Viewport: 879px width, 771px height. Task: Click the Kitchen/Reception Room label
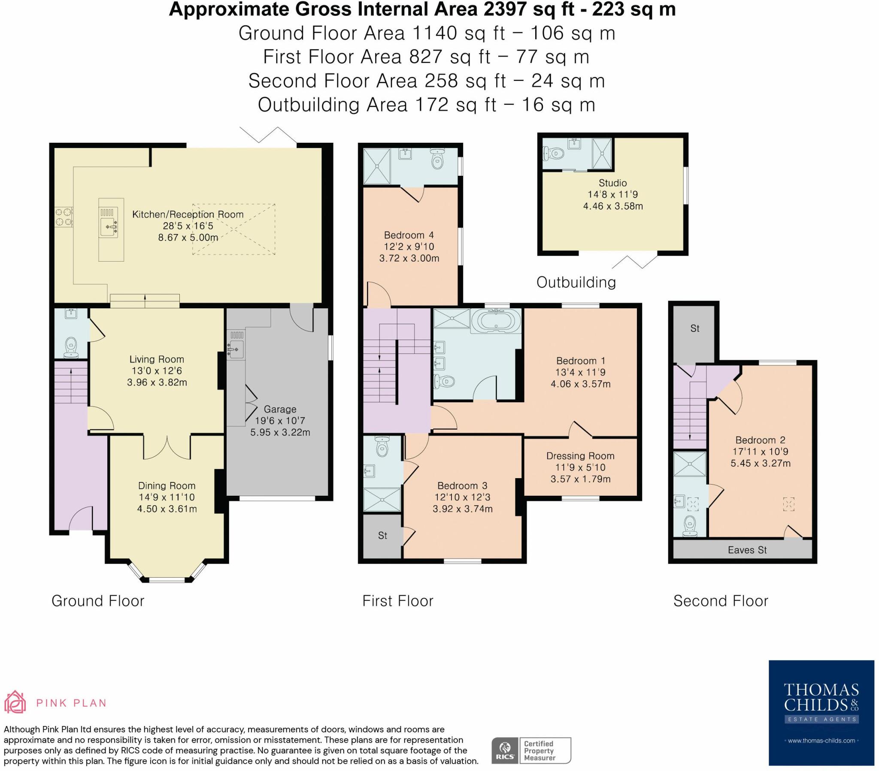pyautogui.click(x=188, y=214)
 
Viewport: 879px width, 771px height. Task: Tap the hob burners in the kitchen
pyautogui.click(x=63, y=217)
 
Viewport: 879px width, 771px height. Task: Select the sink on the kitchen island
pyautogui.click(x=108, y=227)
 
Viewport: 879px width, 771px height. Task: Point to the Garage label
pyautogui.click(x=280, y=409)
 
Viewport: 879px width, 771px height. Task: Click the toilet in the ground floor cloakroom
pyautogui.click(x=71, y=347)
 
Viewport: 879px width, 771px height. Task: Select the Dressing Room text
pyautogui.click(x=580, y=455)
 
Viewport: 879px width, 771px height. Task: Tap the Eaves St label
pyautogui.click(x=747, y=550)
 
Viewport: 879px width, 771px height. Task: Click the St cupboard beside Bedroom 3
pyautogui.click(x=382, y=536)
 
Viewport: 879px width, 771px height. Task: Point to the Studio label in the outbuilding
pyautogui.click(x=612, y=183)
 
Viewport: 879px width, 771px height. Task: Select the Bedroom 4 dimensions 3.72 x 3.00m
pyautogui.click(x=409, y=258)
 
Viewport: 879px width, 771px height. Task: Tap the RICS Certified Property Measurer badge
pyautogui.click(x=531, y=750)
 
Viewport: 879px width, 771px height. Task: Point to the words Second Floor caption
pyautogui.click(x=720, y=600)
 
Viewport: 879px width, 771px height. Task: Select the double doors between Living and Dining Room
pyautogui.click(x=167, y=447)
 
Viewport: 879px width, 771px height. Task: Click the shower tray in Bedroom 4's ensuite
pyautogui.click(x=376, y=166)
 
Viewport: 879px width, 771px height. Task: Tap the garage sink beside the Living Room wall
pyautogui.click(x=236, y=349)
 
